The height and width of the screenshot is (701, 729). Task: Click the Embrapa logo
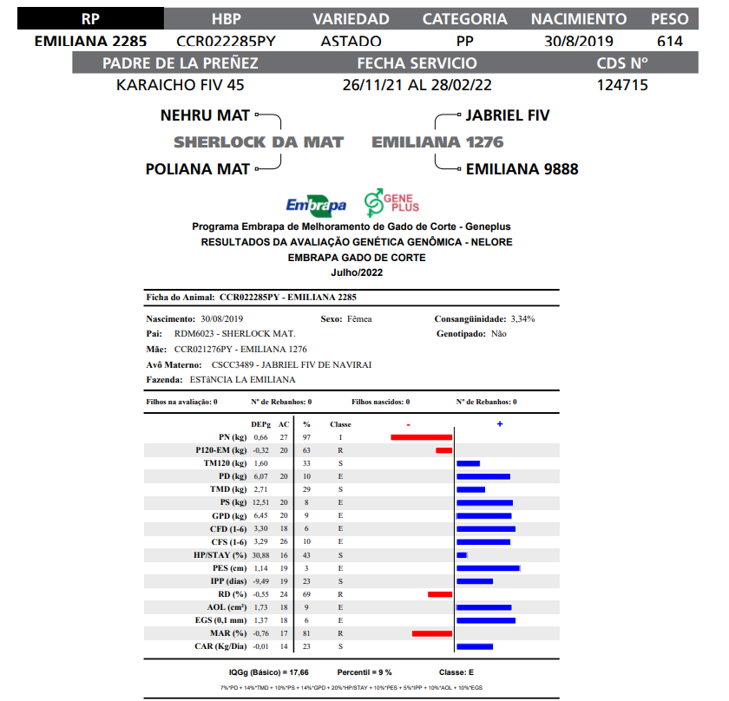(316, 205)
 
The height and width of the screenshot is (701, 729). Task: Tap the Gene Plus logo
(391, 202)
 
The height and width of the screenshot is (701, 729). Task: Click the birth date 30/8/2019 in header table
(579, 41)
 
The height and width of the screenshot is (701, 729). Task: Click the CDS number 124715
(622, 85)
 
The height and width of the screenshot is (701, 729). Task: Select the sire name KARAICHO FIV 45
(181, 85)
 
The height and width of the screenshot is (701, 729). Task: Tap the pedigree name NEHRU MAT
(205, 115)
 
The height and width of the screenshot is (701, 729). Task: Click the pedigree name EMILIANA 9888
(522, 169)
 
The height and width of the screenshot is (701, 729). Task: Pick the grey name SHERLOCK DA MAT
(259, 142)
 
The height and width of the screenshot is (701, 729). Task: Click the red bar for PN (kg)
(422, 437)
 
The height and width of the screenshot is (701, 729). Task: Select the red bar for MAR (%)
(432, 633)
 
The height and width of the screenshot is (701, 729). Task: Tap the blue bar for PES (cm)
(488, 567)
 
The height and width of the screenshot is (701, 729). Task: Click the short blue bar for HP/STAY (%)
(462, 554)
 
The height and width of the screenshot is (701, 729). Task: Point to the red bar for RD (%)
(440, 594)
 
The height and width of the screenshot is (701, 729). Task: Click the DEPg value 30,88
(261, 554)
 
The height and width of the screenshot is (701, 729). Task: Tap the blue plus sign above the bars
(500, 423)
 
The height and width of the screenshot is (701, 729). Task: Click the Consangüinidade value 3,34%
(522, 318)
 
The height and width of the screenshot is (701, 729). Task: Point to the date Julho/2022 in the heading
(356, 272)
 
